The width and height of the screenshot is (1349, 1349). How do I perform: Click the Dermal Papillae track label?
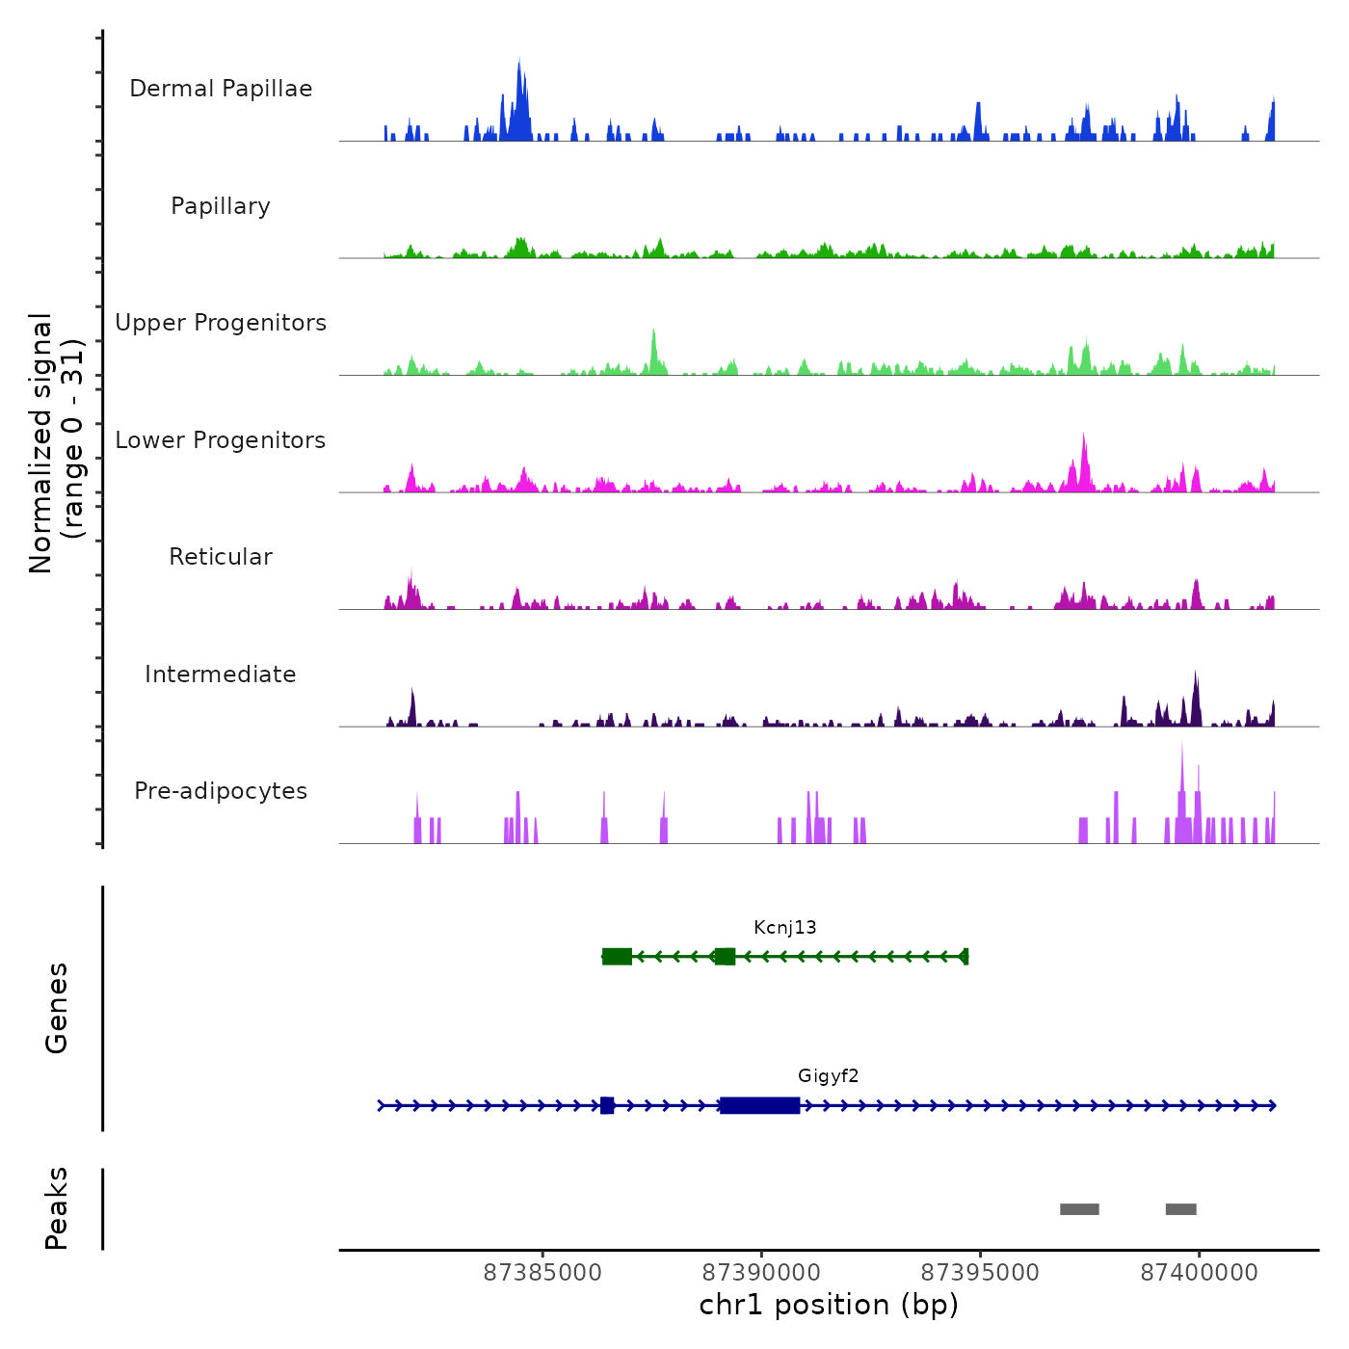tap(221, 89)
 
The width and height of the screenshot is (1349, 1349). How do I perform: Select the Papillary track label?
tap(221, 206)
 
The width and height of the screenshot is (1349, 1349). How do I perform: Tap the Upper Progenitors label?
tap(221, 323)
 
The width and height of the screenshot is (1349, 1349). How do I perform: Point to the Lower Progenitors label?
tap(221, 440)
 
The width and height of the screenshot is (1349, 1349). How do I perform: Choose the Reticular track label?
tap(221, 557)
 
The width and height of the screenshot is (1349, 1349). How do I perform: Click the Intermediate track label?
tap(221, 674)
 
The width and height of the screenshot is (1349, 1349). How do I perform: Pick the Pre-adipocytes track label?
tap(221, 791)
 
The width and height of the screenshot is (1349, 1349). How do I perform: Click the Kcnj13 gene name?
tap(785, 928)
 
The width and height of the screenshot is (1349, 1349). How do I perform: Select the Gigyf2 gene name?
tap(829, 1076)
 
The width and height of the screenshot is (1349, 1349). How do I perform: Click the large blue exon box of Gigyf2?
tap(759, 1105)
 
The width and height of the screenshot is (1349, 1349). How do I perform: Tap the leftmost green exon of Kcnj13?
tap(617, 956)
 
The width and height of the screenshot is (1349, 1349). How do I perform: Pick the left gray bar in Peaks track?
tap(1079, 1209)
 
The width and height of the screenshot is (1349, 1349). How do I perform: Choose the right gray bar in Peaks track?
tap(1181, 1209)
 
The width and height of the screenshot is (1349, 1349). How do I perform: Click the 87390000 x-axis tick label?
tap(761, 1273)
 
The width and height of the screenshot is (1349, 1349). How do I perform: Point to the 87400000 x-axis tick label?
tap(1200, 1273)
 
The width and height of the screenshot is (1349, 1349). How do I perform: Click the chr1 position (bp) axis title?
tap(829, 1306)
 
